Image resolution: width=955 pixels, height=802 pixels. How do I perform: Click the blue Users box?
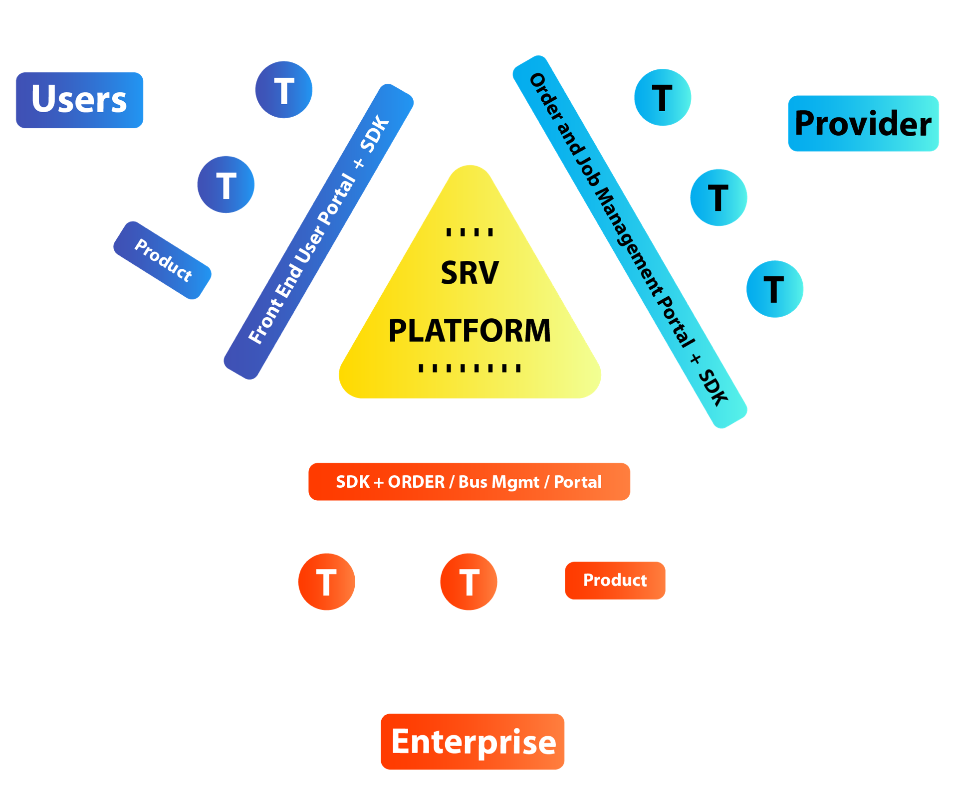point(79,100)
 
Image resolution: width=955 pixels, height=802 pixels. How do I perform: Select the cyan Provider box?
point(863,123)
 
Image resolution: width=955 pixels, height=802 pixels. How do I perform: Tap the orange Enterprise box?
point(473,741)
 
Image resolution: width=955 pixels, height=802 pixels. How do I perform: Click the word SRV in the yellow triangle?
point(470,273)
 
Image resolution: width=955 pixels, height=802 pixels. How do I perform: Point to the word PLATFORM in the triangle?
point(470,331)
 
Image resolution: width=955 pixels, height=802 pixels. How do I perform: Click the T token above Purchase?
point(326,582)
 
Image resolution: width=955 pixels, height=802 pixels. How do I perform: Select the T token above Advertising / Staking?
point(469,582)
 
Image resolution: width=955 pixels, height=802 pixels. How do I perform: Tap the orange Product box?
point(615,580)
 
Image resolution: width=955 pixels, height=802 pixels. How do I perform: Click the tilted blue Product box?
point(163,260)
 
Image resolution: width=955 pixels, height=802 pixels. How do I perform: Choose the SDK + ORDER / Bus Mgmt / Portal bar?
point(469,481)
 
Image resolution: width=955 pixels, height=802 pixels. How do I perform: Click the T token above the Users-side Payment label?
point(226,185)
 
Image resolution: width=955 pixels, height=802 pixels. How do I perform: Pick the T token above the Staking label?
point(718,198)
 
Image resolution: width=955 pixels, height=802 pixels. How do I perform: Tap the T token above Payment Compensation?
point(775,289)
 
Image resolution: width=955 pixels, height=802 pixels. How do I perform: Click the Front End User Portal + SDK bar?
point(319,231)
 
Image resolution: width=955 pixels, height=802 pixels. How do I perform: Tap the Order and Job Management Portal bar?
point(630,241)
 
